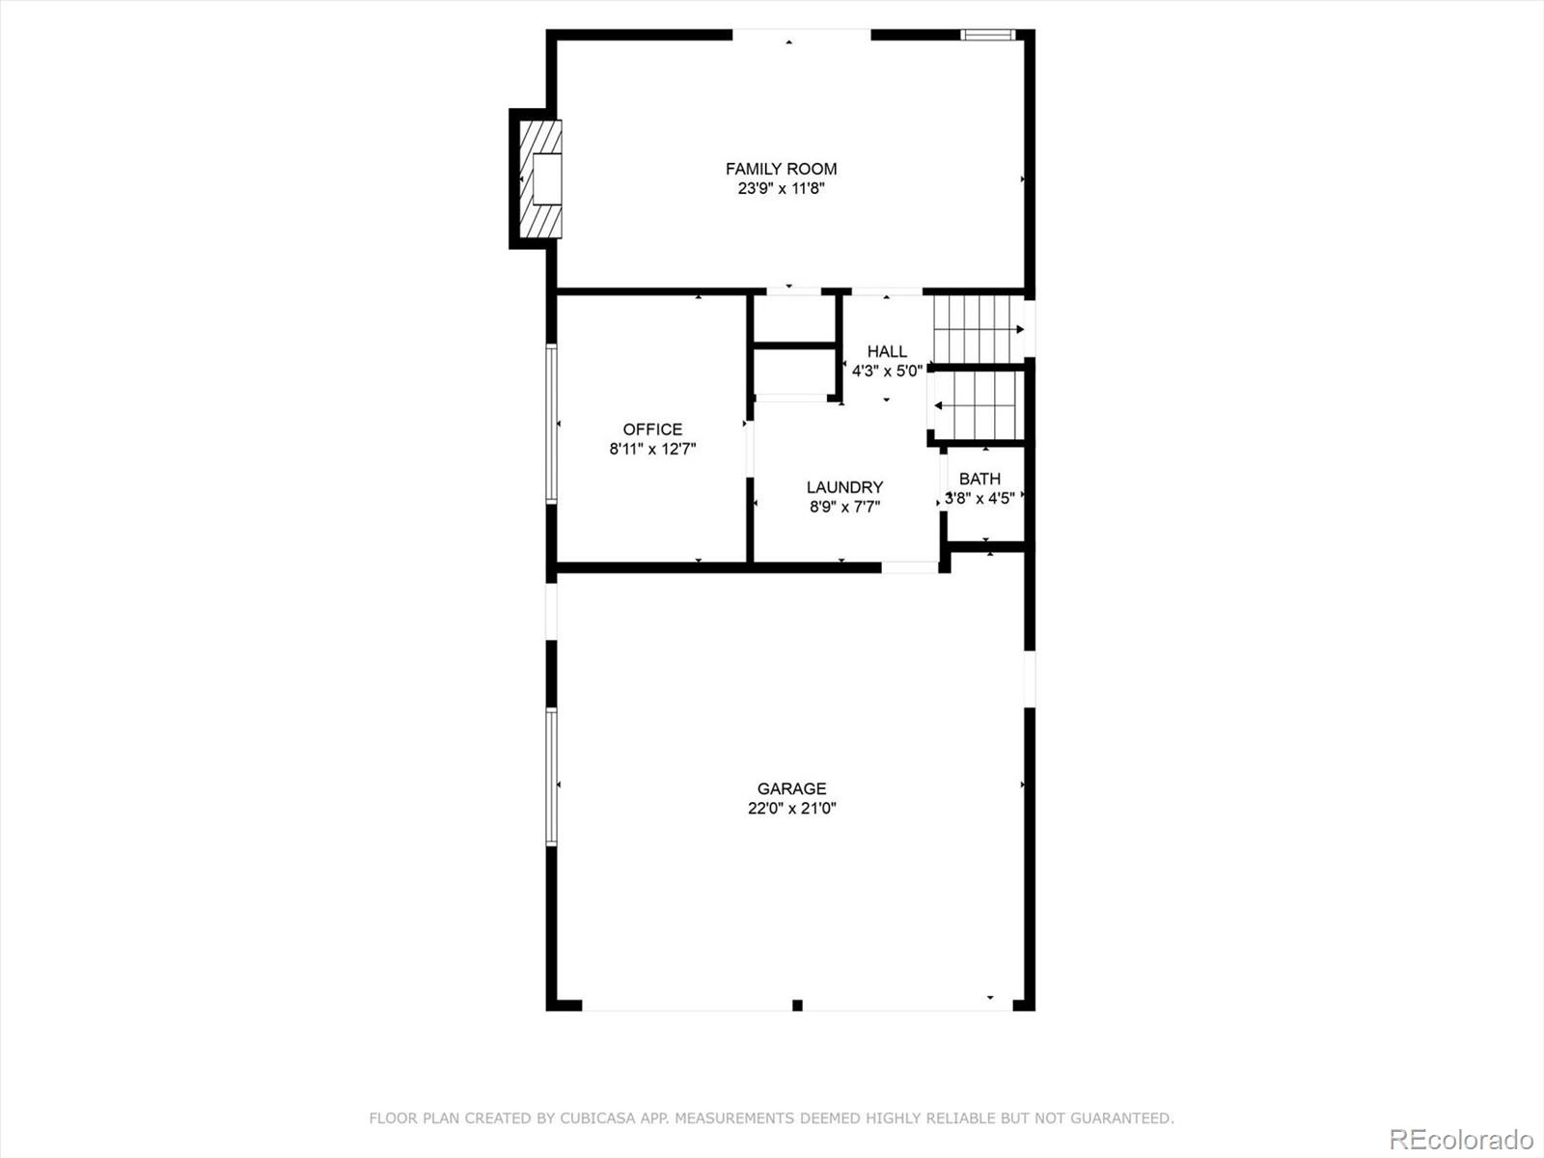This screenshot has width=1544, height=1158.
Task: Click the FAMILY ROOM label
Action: [x=781, y=169]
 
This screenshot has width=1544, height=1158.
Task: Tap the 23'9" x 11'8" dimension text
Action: [x=781, y=189]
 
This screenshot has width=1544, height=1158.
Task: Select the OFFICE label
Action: [x=652, y=429]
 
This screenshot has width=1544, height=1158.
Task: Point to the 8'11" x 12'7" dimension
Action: [x=652, y=449]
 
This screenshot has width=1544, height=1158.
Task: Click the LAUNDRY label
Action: [x=844, y=487]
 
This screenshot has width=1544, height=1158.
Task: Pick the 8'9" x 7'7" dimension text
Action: [x=844, y=507]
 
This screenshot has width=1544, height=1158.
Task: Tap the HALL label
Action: [x=886, y=351]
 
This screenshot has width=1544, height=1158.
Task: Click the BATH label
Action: [x=979, y=479]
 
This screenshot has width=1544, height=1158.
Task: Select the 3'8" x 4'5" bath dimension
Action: [x=979, y=499]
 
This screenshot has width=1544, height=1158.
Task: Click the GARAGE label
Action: [x=791, y=788]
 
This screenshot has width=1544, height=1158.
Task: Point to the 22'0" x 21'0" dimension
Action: [x=791, y=809]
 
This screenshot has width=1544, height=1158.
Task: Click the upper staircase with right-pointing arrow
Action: [x=977, y=329]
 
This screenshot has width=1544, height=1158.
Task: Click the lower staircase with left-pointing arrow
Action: [x=977, y=405]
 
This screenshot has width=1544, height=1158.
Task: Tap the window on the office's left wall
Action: [x=552, y=425]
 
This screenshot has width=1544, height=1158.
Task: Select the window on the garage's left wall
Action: [x=552, y=777]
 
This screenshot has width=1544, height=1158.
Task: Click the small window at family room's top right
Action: [x=988, y=36]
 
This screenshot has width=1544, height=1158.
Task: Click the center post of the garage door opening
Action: [x=797, y=1006]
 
